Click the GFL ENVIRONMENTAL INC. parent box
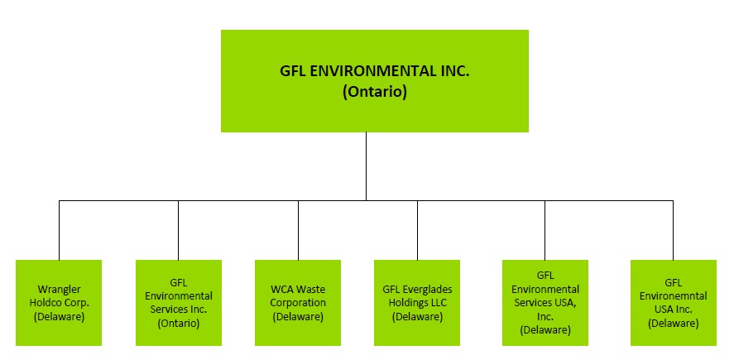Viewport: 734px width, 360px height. click(374, 80)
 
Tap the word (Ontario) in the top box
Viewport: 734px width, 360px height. click(375, 93)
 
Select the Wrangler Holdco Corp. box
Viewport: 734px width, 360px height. click(59, 302)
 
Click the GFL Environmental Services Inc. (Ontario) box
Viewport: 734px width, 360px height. click(179, 302)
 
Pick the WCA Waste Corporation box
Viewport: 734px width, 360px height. click(298, 302)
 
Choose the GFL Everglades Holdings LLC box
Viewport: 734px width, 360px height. click(417, 302)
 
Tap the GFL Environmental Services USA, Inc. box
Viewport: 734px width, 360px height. click(545, 302)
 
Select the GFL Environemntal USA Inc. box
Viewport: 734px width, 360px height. click(673, 302)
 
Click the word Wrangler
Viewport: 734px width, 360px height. click(59, 290)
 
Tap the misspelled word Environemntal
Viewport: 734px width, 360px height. click(673, 296)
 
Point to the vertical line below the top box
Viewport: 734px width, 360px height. click(367, 166)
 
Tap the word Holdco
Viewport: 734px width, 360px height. click(50, 303)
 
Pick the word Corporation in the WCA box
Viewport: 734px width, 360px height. click(298, 303)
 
